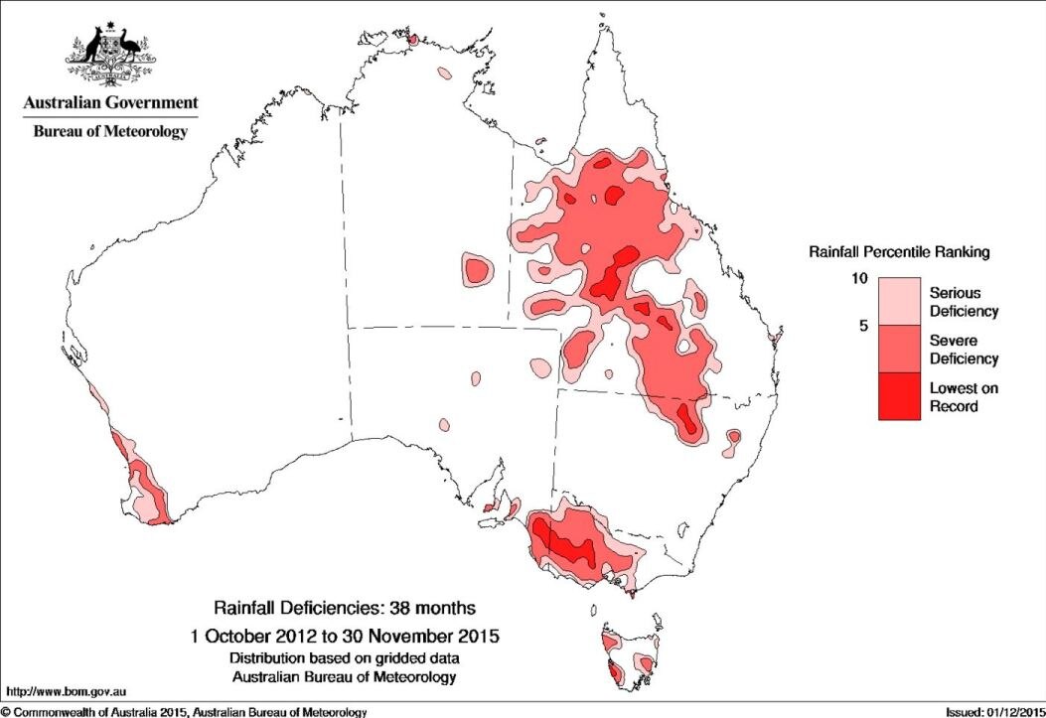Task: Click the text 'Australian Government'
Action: [111, 102]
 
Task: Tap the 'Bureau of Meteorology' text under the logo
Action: [111, 131]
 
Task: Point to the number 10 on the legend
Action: [861, 279]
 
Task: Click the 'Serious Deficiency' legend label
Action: [963, 302]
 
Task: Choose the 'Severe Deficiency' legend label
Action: [963, 350]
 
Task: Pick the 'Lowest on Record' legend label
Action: [963, 396]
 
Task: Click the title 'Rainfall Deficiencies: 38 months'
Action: [345, 607]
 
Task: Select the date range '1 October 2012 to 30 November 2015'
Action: [345, 634]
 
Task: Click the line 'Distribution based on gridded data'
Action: [345, 658]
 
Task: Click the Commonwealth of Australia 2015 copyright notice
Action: [185, 711]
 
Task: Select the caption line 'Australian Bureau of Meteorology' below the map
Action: [345, 676]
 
